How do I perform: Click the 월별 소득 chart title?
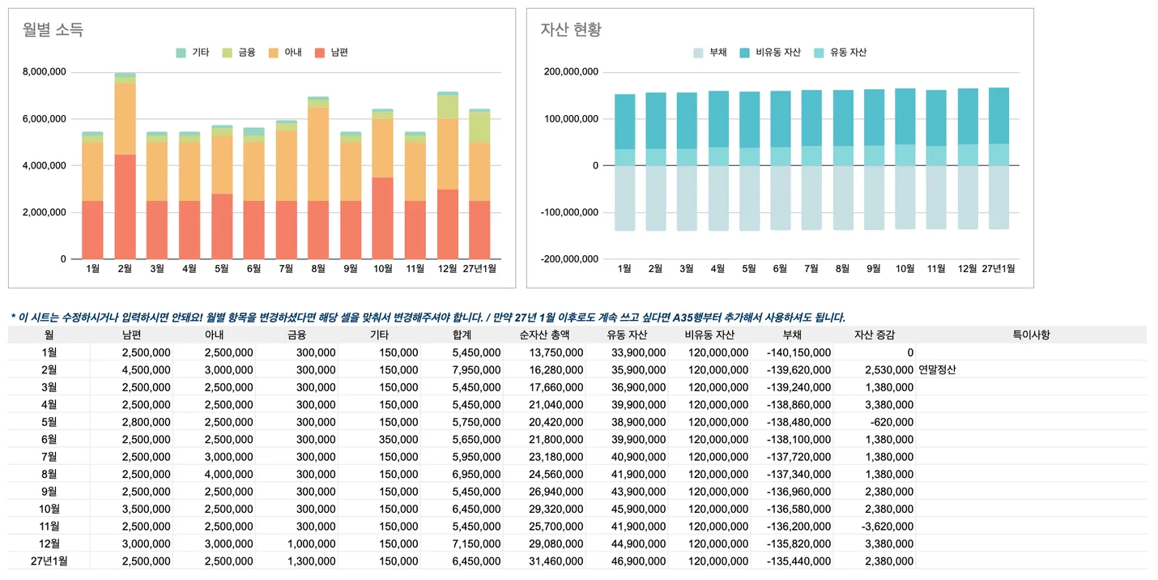click(53, 30)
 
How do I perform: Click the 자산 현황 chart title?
click(571, 30)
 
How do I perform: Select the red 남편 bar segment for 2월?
click(125, 207)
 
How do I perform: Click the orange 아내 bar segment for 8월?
click(318, 154)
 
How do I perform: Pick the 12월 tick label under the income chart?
click(447, 268)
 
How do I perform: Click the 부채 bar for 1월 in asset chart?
click(624, 198)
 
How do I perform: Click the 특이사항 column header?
click(1031, 335)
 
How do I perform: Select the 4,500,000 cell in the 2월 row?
click(146, 369)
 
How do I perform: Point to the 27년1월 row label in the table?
click(49, 561)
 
